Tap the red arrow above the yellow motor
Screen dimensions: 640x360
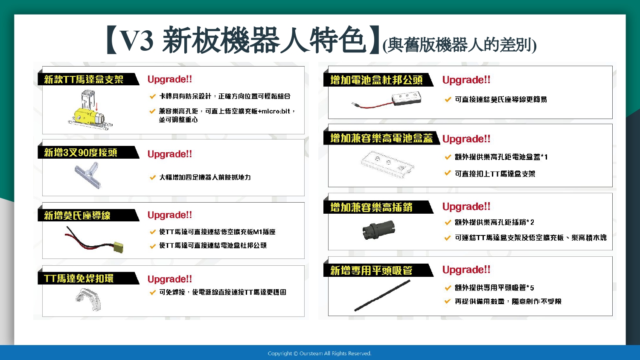pos(97,107)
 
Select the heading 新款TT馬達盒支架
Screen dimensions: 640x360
pos(84,79)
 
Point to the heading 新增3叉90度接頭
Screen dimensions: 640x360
pos(81,152)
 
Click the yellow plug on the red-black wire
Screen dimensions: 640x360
pos(119,247)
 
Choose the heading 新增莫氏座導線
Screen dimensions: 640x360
pos(77,215)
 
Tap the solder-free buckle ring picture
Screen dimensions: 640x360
pos(89,299)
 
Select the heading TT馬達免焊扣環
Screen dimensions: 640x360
pos(79,278)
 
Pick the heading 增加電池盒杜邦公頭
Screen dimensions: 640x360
pos(376,80)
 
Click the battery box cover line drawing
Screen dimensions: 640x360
pos(387,165)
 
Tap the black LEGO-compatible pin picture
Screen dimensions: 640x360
pos(379,230)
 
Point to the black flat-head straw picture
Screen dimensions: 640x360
pos(382,296)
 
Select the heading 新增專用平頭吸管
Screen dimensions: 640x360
pos(371,270)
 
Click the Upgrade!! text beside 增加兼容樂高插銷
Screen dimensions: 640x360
pos(466,206)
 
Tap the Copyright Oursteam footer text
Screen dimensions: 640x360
pos(320,354)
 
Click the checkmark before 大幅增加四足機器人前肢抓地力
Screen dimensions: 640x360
pos(153,177)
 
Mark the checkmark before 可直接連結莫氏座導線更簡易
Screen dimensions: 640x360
pos(448,99)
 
